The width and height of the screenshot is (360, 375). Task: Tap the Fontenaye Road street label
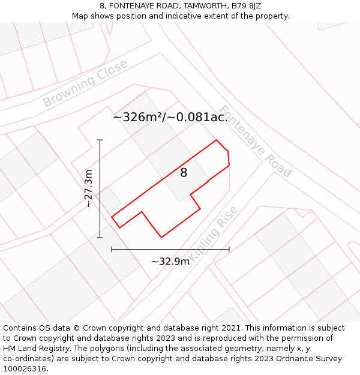coord(255,142)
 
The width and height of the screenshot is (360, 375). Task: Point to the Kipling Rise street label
coord(214,232)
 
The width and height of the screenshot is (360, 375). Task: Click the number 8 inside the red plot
coord(184,173)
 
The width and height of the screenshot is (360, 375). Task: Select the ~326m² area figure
coord(137,117)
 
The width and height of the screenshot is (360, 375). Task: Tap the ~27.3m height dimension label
coord(89,188)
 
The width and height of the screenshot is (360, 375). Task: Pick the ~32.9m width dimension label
coord(170,261)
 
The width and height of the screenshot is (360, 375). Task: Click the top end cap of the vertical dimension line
coord(100,140)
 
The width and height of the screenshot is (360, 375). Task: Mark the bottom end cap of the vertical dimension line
coord(100,238)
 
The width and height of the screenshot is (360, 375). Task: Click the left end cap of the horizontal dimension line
coord(112,249)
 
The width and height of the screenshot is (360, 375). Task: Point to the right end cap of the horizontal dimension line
coord(229,249)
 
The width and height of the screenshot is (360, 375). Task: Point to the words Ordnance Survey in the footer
coord(311,359)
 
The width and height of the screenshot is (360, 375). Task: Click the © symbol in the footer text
coord(76,328)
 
